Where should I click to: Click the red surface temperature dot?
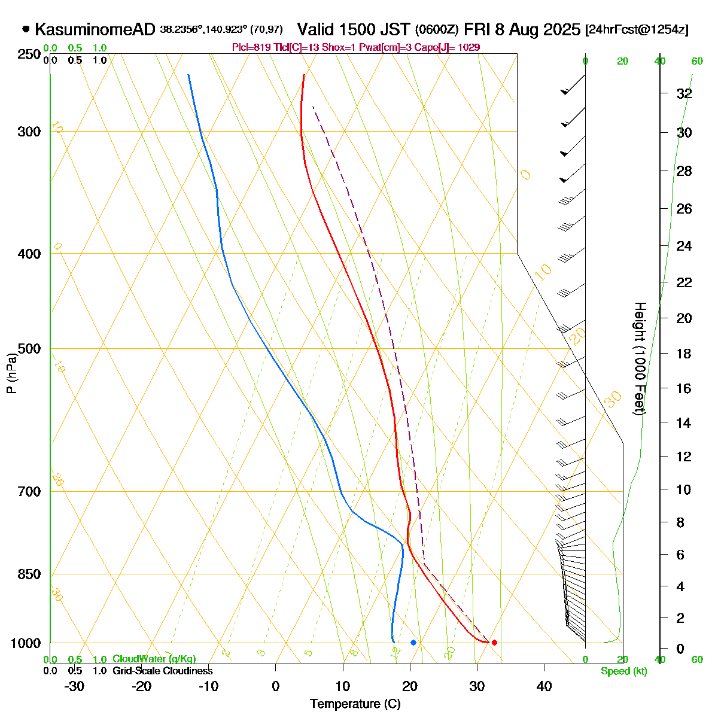(494, 642)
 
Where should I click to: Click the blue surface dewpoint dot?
(413, 642)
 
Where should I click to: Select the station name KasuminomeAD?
(95, 29)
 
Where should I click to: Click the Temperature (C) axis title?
(355, 704)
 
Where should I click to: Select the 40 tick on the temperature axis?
(544, 686)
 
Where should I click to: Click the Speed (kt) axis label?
(624, 671)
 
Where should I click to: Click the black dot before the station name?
(26, 29)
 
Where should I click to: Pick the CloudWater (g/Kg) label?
(154, 659)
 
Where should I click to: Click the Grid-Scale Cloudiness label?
(162, 671)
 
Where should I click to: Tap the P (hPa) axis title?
(11, 373)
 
